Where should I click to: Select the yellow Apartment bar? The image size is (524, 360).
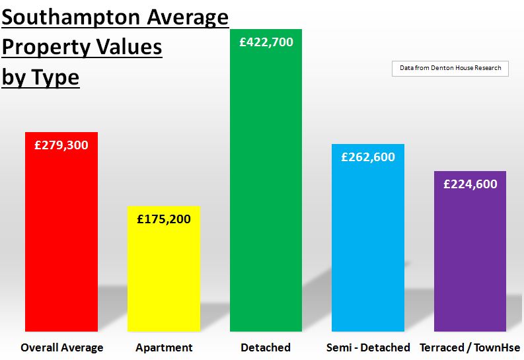point(163,277)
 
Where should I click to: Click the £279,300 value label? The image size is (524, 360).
point(61,145)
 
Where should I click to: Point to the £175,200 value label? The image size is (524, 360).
point(163,219)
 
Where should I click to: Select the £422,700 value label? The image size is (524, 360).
point(266,42)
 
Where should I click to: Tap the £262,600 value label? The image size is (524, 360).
point(367,157)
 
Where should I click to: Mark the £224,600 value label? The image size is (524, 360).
point(470,184)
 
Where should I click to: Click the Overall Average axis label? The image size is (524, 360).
point(62,347)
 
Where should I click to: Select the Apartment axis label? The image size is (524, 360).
point(164,347)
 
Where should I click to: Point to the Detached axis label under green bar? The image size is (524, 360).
point(266,347)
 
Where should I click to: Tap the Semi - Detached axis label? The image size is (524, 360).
point(368,347)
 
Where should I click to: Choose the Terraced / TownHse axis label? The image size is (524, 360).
point(470,347)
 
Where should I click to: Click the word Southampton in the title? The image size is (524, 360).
point(75,18)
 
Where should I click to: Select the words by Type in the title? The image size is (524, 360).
point(40,77)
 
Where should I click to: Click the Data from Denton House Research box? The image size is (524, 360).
point(450,68)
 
